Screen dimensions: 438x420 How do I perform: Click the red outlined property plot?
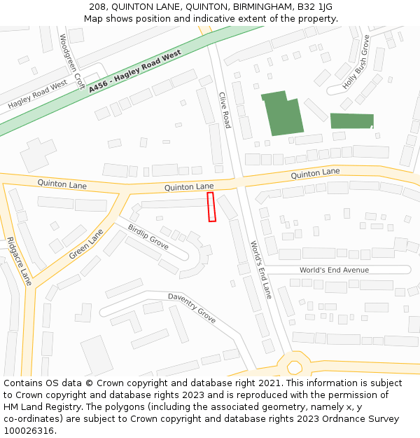click(211, 207)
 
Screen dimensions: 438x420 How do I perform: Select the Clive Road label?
click(225, 110)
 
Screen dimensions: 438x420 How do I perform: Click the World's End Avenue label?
click(334, 270)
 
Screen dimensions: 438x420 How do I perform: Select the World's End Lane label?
click(261, 269)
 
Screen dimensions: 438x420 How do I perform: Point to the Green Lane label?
click(86, 243)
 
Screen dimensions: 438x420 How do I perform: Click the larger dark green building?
click(281, 114)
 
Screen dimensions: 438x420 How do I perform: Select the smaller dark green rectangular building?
click(351, 121)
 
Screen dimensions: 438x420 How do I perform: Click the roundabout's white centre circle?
click(294, 367)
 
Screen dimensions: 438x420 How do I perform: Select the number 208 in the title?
click(98, 7)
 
